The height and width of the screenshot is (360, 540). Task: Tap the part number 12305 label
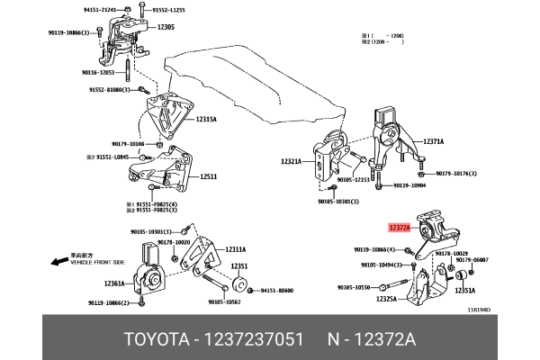(x=165, y=28)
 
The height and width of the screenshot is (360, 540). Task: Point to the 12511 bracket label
(x=208, y=177)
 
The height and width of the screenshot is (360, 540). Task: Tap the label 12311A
(x=235, y=249)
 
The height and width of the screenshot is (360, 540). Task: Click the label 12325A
(x=387, y=298)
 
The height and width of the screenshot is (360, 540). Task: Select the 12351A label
(x=465, y=291)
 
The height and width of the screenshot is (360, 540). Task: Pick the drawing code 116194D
(x=479, y=309)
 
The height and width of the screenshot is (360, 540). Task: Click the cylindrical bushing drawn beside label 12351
(x=240, y=286)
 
